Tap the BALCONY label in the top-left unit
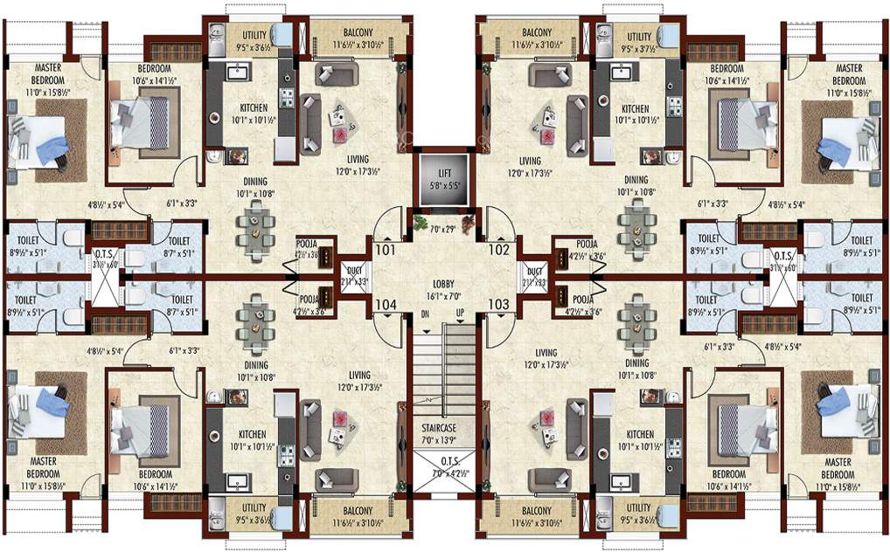pos(360,29)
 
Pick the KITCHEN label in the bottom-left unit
pos(253,434)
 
